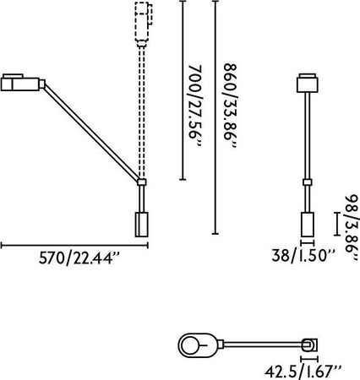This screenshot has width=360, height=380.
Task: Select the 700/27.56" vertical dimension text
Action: (195, 106)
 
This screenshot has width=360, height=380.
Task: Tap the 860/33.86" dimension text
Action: (231, 106)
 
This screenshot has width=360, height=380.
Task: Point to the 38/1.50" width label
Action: (303, 256)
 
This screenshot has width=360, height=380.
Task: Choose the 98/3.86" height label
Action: (352, 227)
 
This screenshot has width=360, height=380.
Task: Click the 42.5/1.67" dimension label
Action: (303, 372)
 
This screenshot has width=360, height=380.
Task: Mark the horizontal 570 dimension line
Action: (74, 246)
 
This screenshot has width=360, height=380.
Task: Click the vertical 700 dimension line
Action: (183, 90)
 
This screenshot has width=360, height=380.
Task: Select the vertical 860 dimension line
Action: (215, 117)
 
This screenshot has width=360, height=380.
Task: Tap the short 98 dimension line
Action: (337, 224)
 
